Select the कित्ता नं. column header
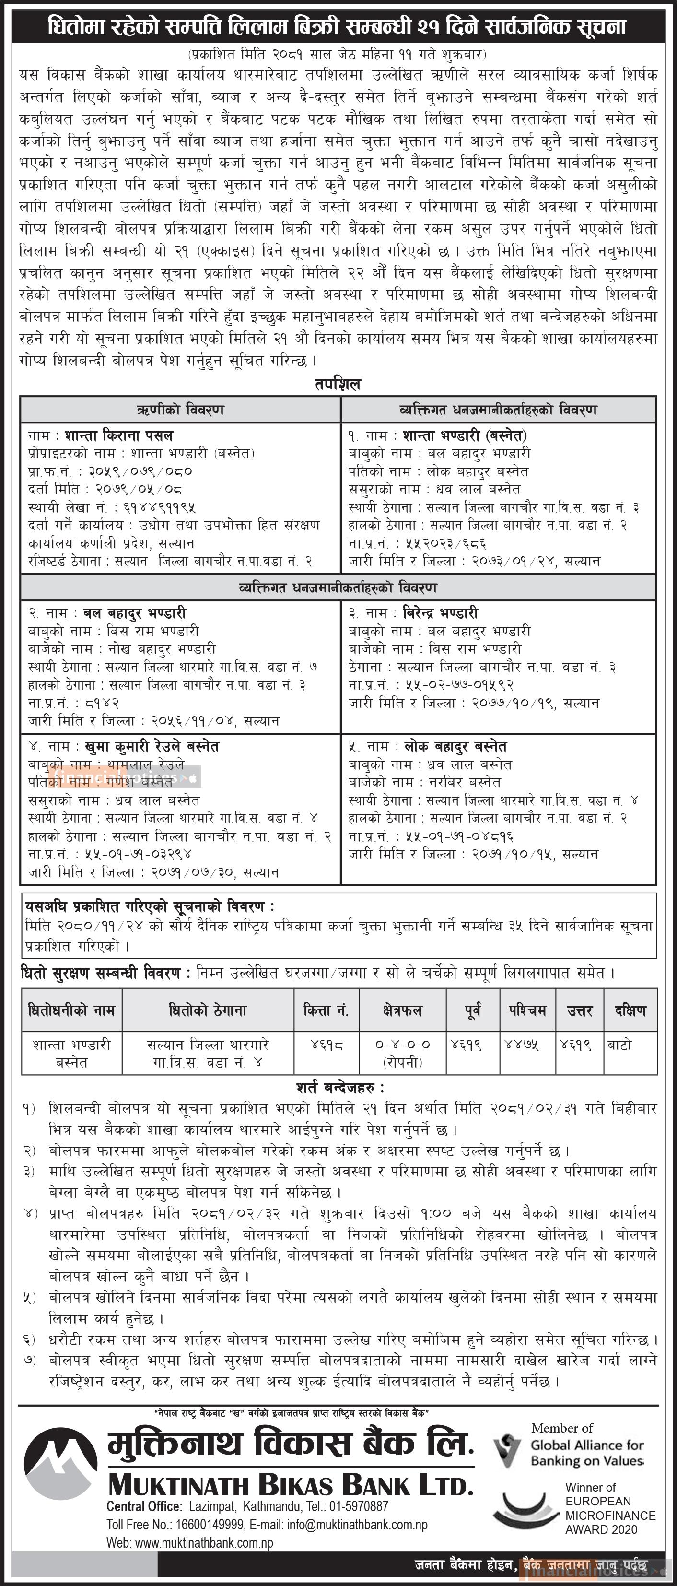pos(326,1010)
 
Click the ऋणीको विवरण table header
pos(180,410)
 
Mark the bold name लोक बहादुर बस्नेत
pos(455,747)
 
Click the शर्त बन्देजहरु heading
pos(340,1087)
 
